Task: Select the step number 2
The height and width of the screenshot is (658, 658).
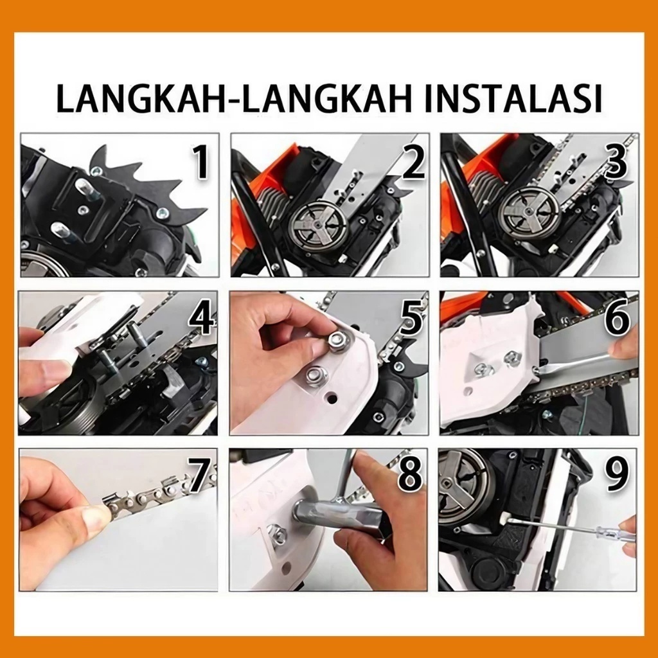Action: coord(413,161)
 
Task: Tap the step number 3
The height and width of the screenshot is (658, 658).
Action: coord(616,161)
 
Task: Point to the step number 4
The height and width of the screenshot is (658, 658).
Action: coord(202,319)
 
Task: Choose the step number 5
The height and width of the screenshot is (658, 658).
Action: coord(411,319)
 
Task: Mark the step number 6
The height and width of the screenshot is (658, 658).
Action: coord(617,319)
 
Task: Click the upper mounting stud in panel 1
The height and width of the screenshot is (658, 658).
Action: coord(89,188)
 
